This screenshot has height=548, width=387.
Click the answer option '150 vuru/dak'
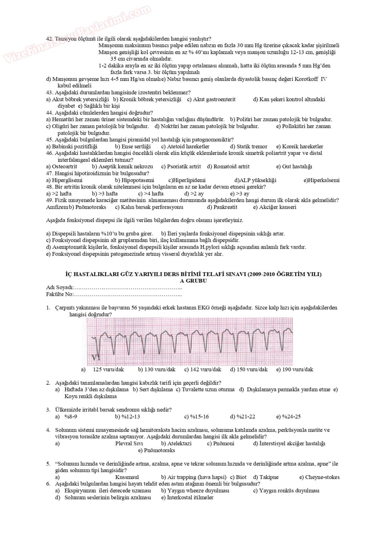point(252,370)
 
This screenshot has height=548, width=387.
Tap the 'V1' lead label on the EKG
point(96,357)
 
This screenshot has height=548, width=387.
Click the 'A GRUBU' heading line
point(193,281)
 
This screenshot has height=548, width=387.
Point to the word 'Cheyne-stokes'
point(322,477)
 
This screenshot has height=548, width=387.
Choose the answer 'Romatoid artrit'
point(231,167)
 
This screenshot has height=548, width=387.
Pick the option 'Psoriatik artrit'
point(184,167)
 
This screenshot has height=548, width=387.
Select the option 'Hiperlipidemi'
point(189,180)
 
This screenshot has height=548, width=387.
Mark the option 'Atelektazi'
point(179,443)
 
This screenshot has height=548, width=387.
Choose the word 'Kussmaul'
point(127,477)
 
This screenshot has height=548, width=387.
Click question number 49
point(49,200)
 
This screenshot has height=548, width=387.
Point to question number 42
point(49,39)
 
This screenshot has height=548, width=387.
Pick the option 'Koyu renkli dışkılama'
point(91,396)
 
